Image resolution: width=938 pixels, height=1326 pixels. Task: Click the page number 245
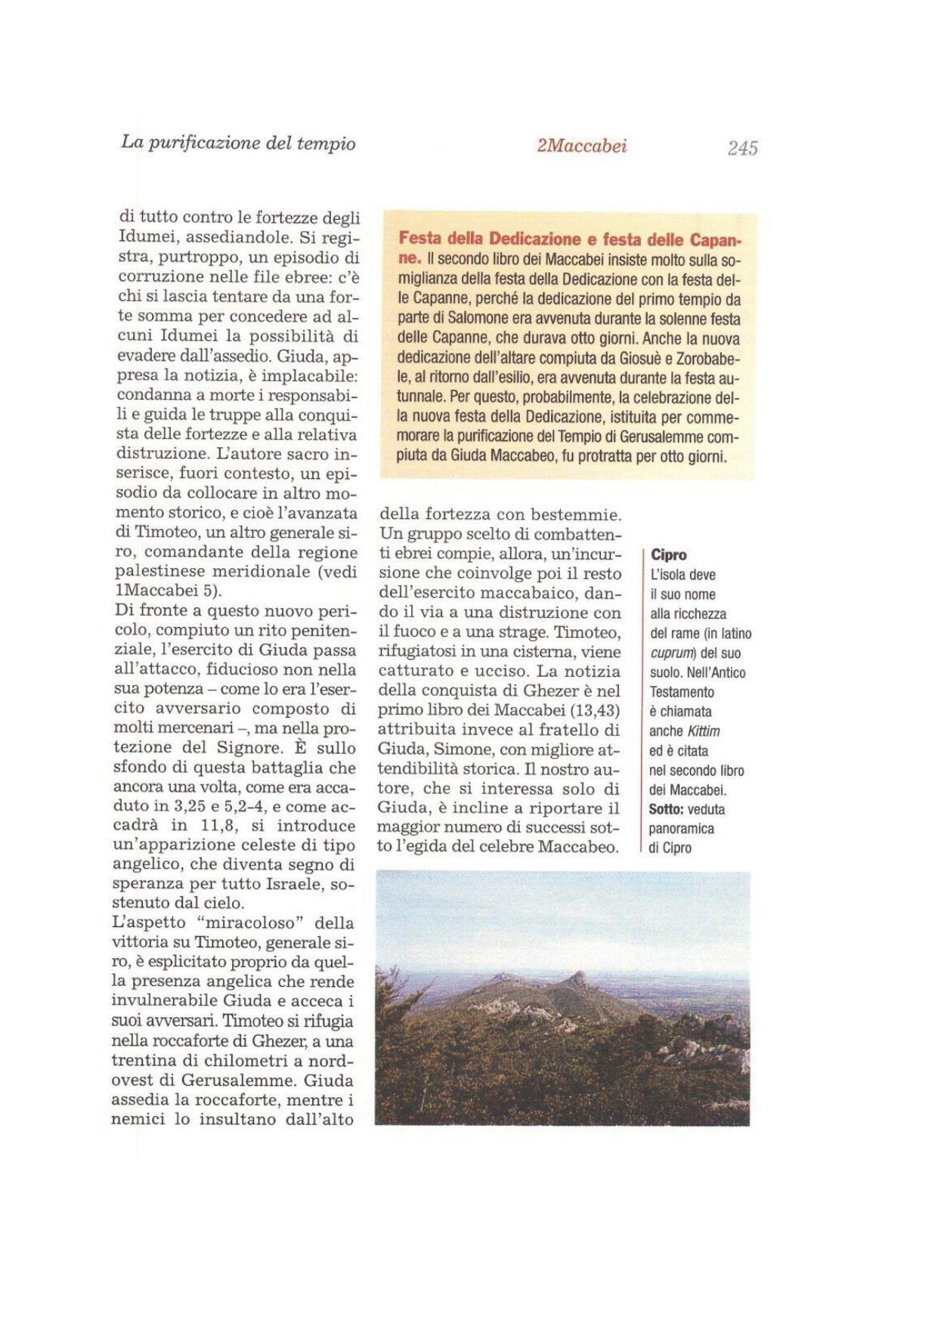742,148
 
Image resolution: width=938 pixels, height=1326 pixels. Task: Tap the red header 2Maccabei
581,146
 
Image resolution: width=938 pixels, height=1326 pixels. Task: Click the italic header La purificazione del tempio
238,143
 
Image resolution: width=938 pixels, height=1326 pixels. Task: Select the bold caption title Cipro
668,555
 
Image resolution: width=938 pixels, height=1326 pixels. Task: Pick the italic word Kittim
703,731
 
